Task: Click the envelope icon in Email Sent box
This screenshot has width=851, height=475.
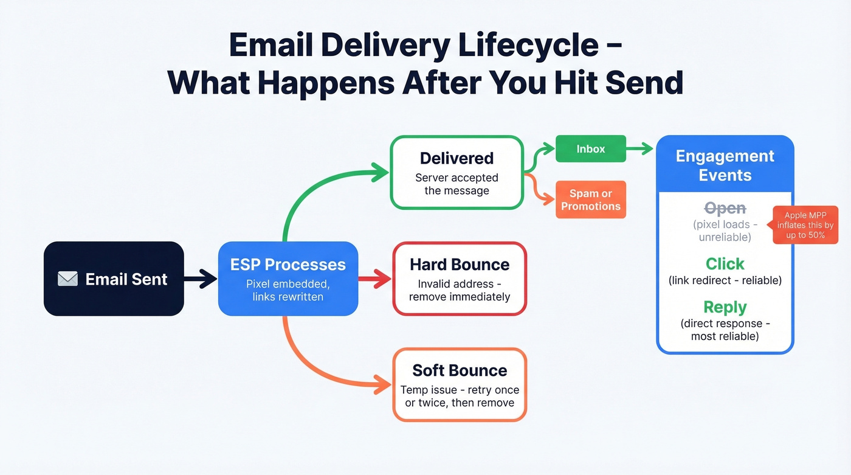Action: click(67, 279)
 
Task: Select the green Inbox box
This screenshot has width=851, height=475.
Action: click(590, 148)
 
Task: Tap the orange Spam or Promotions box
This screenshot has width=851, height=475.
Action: click(590, 200)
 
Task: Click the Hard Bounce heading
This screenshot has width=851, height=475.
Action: click(459, 265)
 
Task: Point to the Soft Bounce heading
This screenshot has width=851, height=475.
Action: click(459, 370)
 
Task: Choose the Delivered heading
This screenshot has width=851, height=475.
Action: click(457, 158)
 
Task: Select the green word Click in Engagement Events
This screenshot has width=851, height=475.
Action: click(725, 264)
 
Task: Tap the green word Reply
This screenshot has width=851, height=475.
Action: click(725, 307)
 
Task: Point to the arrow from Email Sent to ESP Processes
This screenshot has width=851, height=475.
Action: click(200, 279)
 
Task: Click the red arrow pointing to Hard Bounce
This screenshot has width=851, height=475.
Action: click(374, 279)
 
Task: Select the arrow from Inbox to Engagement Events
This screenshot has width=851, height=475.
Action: click(640, 148)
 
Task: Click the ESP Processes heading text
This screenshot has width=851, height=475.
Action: click(288, 265)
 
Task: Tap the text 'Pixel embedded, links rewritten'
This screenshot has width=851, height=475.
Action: click(288, 290)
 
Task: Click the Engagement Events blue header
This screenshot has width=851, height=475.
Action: click(725, 165)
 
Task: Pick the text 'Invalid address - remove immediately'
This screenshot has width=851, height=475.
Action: click(459, 290)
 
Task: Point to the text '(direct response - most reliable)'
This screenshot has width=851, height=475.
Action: click(725, 329)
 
